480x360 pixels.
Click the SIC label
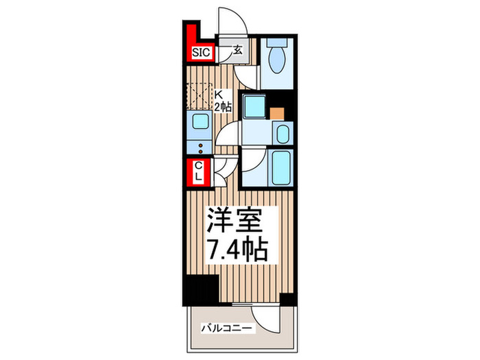click(202, 51)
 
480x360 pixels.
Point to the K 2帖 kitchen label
click(221, 100)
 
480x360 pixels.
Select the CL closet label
click(198, 171)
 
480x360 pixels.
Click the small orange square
click(276, 112)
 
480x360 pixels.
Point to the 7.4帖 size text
click(234, 251)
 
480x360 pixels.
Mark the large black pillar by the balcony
click(199, 286)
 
